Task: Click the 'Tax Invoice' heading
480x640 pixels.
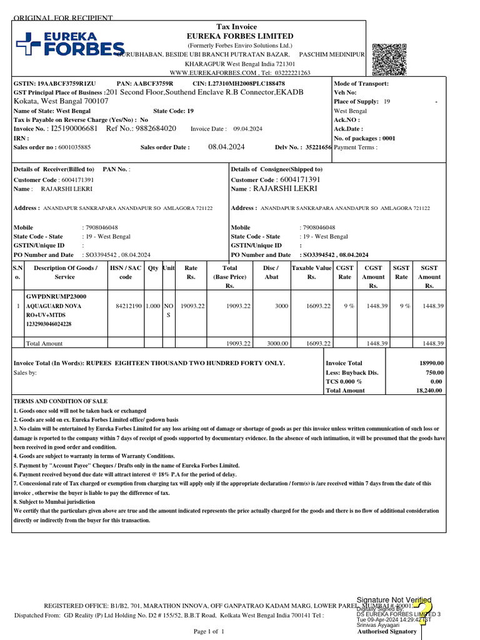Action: coord(236,27)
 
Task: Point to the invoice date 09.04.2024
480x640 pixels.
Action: coord(247,129)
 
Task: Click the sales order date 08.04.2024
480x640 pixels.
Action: coord(226,147)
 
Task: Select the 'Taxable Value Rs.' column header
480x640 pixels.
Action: coord(311,272)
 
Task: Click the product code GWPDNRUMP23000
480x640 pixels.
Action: coord(56,296)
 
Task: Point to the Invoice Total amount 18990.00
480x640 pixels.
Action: coord(431,363)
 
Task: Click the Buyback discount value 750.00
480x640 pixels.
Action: coord(434,372)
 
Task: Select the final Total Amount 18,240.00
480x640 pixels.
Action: coord(429,391)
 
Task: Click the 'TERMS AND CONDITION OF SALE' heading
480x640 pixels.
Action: coord(61,401)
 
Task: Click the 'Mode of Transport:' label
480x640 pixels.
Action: coord(361,84)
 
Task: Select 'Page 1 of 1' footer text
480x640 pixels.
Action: coord(209,632)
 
